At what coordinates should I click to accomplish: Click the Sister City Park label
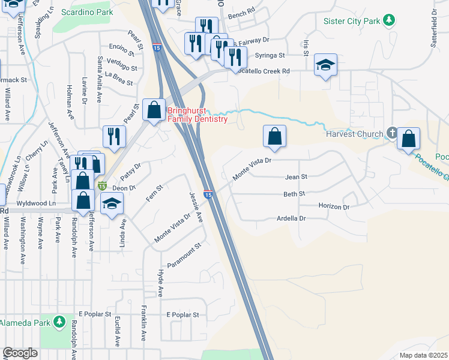click(x=352, y=21)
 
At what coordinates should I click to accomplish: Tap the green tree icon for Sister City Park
click(x=389, y=21)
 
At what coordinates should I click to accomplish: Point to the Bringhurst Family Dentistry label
click(x=197, y=115)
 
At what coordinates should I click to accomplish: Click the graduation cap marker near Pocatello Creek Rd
click(x=325, y=65)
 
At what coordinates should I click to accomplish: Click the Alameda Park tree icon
click(x=59, y=323)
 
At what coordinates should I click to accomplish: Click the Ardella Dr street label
click(x=291, y=219)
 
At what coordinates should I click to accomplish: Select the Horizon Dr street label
click(x=334, y=206)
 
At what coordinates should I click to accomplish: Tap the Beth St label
click(x=295, y=194)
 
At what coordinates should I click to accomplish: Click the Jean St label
click(x=296, y=177)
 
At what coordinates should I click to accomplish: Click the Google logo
click(x=20, y=353)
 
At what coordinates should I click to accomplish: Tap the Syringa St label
click(x=269, y=55)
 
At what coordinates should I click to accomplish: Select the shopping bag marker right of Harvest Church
click(x=408, y=139)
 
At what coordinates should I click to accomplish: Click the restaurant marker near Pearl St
click(x=112, y=137)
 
